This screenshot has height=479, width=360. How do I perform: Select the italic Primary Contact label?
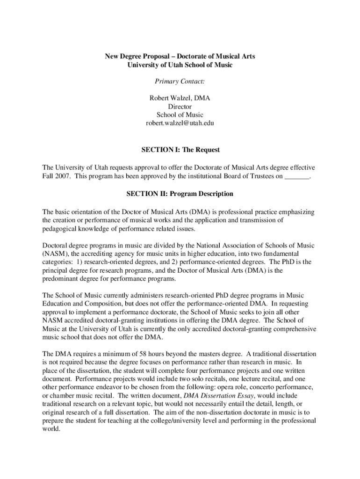(x=180, y=81)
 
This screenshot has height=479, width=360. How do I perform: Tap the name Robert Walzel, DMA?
(x=180, y=98)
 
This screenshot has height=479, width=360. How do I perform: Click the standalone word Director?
(x=180, y=107)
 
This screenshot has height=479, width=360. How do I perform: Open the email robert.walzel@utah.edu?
(x=180, y=123)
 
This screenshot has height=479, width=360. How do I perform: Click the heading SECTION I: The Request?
(x=180, y=150)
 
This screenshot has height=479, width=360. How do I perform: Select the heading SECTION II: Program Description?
(x=180, y=194)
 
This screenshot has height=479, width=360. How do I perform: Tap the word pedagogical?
(x=60, y=229)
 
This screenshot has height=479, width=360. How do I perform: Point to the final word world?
(x=51, y=429)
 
